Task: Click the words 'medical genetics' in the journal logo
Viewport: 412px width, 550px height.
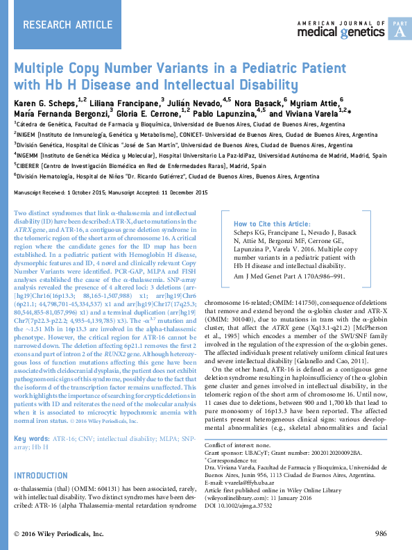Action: (x=340, y=32)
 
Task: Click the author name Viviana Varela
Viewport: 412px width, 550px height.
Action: (x=309, y=113)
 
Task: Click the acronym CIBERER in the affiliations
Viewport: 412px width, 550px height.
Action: (x=32, y=167)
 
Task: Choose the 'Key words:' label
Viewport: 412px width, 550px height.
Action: (x=31, y=419)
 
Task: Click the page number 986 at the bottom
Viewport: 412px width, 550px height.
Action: (x=380, y=533)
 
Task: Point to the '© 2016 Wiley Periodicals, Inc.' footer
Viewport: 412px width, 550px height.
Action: (x=59, y=533)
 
